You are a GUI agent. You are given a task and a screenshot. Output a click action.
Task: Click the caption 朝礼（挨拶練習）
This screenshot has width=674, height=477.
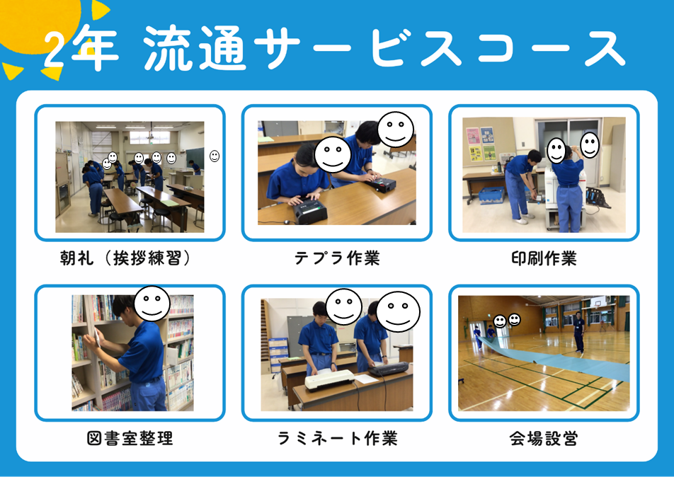click(x=125, y=258)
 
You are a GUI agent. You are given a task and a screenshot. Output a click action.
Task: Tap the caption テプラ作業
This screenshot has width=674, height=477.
click(x=337, y=258)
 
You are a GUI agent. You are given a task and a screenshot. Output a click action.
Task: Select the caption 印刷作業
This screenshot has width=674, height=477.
click(x=544, y=258)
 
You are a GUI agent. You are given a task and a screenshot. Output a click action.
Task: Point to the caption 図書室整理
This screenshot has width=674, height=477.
click(x=130, y=438)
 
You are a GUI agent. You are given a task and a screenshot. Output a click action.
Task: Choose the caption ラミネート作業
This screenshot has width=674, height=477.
click(x=337, y=438)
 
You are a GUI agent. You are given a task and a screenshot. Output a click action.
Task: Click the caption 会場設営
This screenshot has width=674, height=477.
click(x=544, y=438)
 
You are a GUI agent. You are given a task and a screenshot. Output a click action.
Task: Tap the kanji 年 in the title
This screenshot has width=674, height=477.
click(x=93, y=47)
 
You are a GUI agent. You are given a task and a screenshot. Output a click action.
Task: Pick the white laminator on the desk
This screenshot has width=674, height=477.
click(x=329, y=380)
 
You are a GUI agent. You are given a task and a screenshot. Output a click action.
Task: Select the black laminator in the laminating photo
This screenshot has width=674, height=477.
click(x=388, y=369)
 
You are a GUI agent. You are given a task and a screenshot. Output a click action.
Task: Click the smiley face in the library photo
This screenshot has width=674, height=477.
click(x=152, y=304)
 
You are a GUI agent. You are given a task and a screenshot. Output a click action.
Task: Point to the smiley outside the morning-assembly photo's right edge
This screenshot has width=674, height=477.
click(x=215, y=156)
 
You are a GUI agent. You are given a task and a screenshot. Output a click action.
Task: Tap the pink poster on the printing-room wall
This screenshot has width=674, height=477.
click(x=473, y=136)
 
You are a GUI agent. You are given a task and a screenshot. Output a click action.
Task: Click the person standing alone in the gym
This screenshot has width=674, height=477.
click(x=579, y=332)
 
